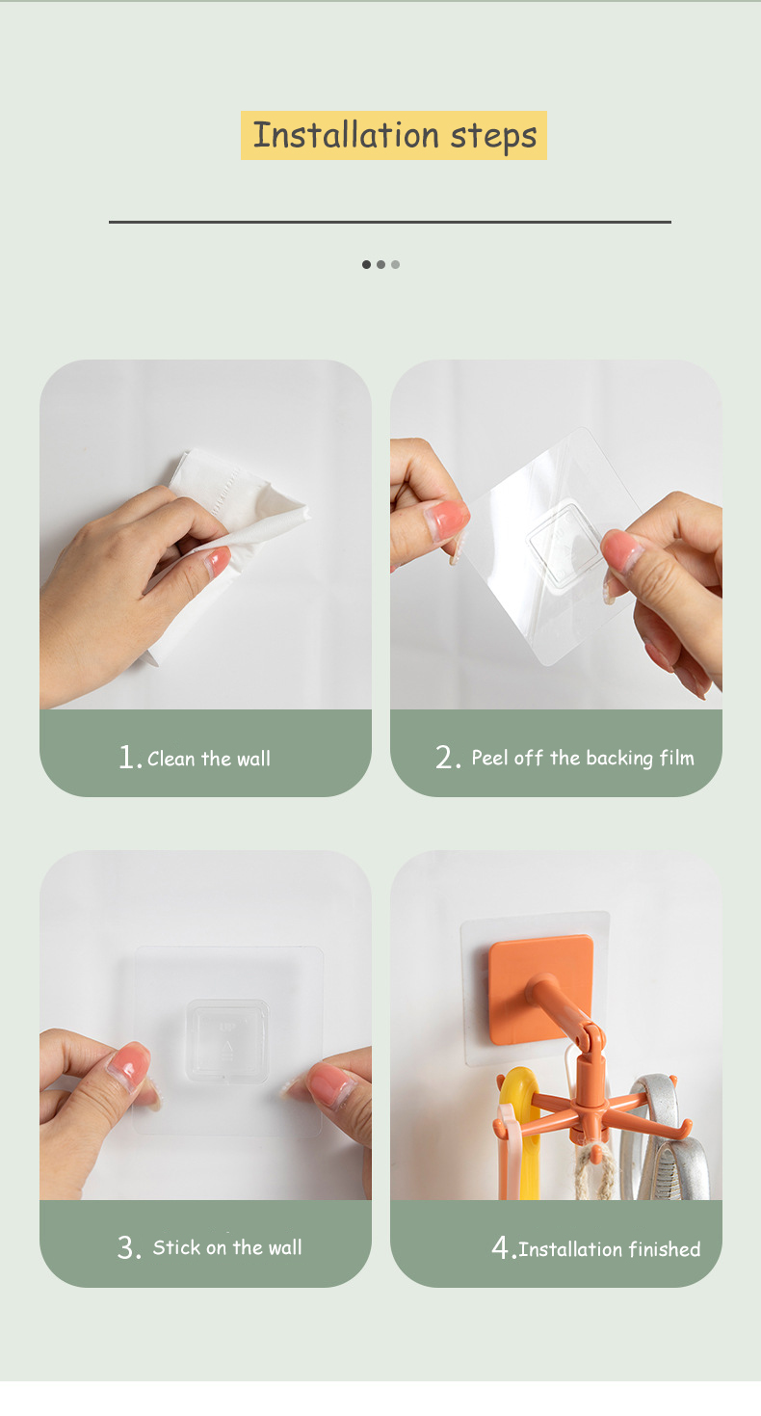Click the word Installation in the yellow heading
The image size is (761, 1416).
pos(346,135)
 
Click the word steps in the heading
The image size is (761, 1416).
pos(493,137)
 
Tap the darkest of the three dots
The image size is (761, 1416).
pos(366,264)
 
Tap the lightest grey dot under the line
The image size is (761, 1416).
pos(395,264)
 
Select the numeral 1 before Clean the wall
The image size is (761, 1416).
pos(128,757)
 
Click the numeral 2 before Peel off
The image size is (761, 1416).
pos(448,757)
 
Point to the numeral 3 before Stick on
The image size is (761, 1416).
pos(129,1247)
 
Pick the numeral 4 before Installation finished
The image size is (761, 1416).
pos(503,1247)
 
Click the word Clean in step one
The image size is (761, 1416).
pos(171,759)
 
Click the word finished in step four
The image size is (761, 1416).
pos(664,1249)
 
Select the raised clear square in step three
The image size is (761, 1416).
pos(227,1040)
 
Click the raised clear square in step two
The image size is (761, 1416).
pos(564,545)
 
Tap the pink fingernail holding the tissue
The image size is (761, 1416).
pos(218,561)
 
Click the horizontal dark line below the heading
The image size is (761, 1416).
pos(390,222)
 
